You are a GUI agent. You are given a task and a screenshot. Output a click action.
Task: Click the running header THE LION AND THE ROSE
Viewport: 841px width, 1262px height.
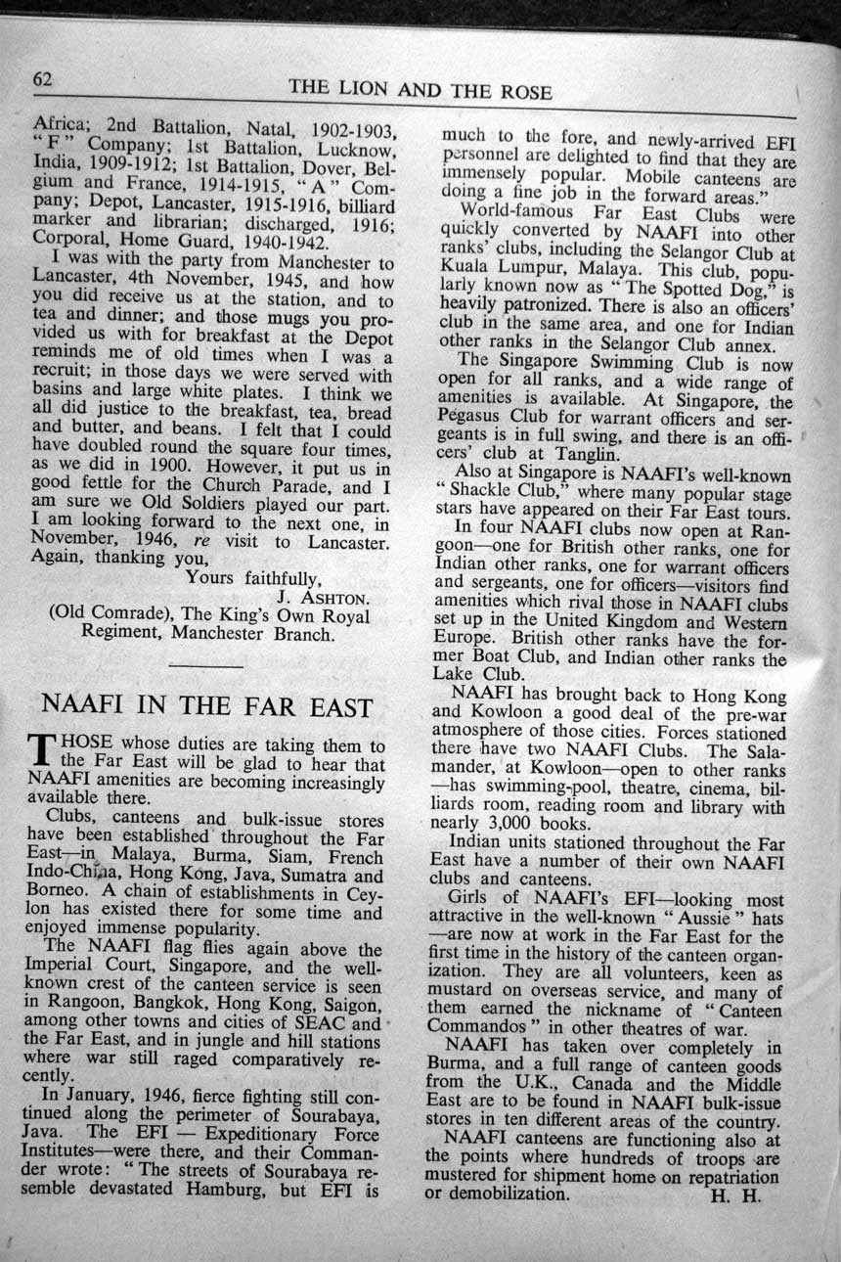tap(420, 92)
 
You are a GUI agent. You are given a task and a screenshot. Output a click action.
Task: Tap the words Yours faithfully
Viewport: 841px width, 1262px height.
tap(252, 577)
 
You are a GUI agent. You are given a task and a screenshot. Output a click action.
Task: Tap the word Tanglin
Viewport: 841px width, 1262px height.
tap(583, 454)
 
